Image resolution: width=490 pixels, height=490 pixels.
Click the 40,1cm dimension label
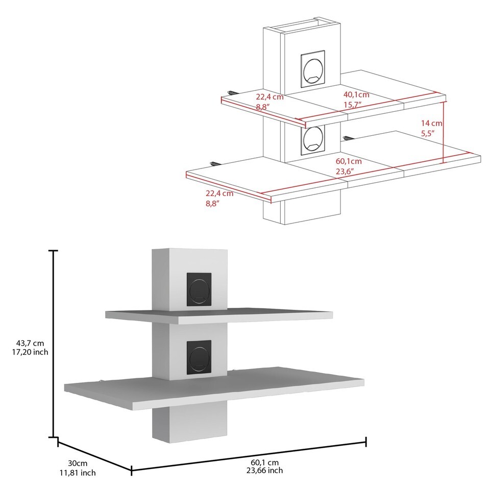tap(356, 94)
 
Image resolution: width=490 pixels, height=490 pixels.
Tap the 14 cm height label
tap(432, 123)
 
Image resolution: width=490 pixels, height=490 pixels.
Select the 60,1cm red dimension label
tap(349, 161)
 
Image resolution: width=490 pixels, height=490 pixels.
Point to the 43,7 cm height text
tap(30, 343)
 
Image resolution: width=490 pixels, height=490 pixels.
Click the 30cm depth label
tap(78, 463)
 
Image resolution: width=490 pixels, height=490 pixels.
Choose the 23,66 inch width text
tap(264, 470)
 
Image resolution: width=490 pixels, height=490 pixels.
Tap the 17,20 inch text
tap(30, 352)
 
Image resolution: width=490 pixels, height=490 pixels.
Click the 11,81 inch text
tap(78, 473)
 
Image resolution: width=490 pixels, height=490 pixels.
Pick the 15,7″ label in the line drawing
tap(353, 105)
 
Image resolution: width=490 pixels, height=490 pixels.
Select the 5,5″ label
tap(428, 133)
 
